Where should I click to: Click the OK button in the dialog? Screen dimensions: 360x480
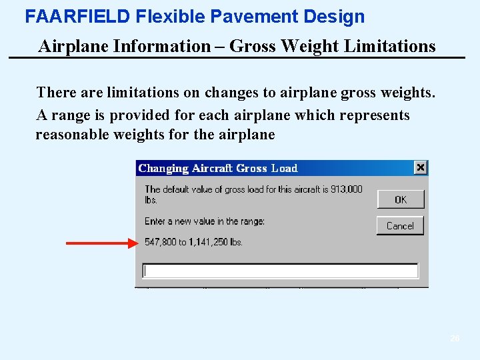click(400, 199)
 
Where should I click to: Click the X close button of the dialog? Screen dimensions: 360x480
click(420, 168)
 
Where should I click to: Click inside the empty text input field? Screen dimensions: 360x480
click(280, 271)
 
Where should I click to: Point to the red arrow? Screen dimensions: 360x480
click(100, 243)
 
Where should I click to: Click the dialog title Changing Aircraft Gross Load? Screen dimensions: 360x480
click(217, 169)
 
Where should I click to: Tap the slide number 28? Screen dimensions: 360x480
click(455, 339)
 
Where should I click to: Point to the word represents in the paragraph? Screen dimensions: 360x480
click(374, 115)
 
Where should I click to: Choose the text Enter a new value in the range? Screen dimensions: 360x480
click(204, 221)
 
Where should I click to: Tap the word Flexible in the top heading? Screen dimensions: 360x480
click(164, 17)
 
